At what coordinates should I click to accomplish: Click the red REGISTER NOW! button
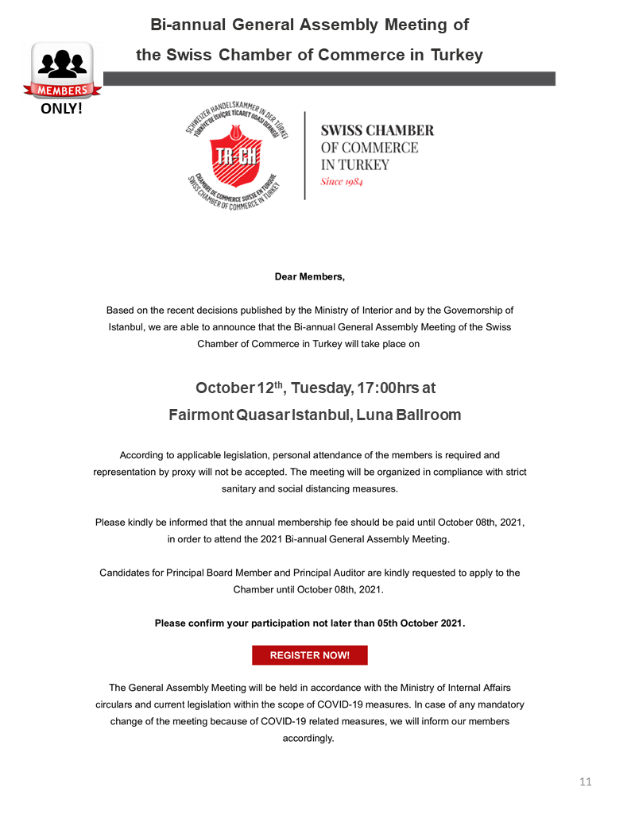(x=309, y=655)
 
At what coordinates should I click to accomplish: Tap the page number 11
(x=586, y=781)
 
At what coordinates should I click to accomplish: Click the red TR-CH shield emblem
(x=236, y=155)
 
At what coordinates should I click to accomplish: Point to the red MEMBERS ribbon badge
(x=62, y=89)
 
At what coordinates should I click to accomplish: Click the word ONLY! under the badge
(x=61, y=109)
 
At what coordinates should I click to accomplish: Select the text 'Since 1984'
(x=342, y=182)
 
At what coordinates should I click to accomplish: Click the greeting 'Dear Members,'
(x=310, y=277)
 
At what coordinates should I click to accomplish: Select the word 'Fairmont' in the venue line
(x=201, y=415)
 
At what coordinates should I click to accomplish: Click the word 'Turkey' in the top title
(x=456, y=55)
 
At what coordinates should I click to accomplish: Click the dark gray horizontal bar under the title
(x=329, y=79)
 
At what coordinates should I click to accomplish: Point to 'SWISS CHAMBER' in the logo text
(x=377, y=130)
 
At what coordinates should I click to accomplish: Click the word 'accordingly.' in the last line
(x=309, y=738)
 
